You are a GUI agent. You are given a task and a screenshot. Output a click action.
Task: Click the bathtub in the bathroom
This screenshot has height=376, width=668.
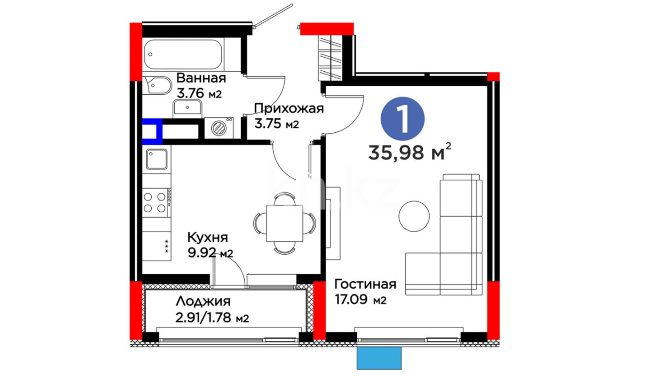coord(183,54)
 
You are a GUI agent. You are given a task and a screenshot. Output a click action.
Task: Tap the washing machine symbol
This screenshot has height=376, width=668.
coord(219,128)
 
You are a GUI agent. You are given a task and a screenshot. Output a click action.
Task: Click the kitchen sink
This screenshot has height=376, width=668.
coord(157,159)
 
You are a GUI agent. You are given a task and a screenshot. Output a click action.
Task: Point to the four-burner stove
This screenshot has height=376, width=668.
coord(157,203)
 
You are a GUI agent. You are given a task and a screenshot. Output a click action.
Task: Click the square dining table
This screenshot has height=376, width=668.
coord(285,223)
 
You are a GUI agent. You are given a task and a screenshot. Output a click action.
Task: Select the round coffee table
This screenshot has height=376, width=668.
coord(414,216)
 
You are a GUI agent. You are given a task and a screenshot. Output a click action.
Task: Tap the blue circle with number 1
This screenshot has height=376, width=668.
coord(403,119)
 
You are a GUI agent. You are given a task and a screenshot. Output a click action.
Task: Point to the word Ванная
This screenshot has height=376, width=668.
coord(201,78)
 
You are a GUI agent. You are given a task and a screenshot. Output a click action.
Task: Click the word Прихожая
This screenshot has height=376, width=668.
coord(289,109)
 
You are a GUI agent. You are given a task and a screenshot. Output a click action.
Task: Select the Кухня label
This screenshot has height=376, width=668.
coord(208,237)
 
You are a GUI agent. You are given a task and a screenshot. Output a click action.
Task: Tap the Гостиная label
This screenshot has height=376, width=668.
coord(365,284)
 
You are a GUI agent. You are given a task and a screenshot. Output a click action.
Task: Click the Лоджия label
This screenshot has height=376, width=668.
coord(203,301)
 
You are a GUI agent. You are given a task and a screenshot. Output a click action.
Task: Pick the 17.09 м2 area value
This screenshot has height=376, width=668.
coord(360,299)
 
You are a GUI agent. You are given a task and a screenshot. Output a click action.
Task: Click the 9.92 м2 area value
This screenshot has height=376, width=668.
coord(210,253)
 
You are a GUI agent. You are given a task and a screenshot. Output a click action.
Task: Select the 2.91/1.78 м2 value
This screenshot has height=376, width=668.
coord(212,318)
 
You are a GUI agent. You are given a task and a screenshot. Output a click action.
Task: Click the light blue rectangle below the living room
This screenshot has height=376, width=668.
coord(379,358)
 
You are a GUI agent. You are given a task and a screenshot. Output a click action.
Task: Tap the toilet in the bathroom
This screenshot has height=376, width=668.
coord(157,85)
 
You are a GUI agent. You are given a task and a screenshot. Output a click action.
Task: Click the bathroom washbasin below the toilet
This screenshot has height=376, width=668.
coord(187,107)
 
